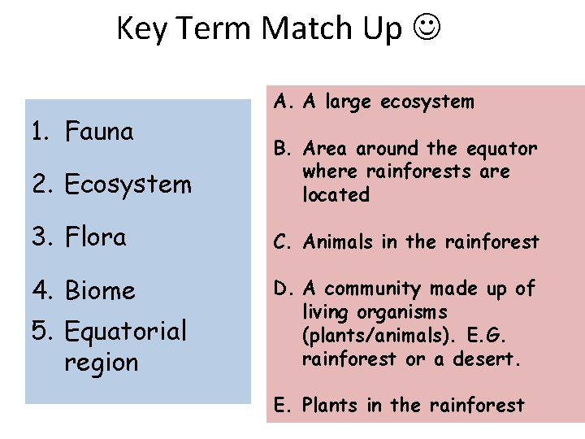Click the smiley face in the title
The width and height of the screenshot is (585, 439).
click(x=427, y=28)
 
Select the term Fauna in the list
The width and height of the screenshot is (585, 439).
click(x=99, y=131)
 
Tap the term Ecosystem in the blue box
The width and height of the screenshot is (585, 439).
click(x=128, y=185)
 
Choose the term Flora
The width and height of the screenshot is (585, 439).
click(x=95, y=237)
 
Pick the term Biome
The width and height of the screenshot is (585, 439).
click(x=100, y=290)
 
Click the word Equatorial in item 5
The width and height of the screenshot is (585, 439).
click(x=125, y=331)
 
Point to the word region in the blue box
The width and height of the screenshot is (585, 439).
click(x=102, y=362)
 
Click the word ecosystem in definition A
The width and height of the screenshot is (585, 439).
click(x=427, y=102)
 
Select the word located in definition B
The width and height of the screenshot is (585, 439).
click(x=336, y=195)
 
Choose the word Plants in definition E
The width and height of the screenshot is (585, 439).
click(x=331, y=405)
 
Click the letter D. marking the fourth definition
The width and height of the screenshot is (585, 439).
click(x=284, y=289)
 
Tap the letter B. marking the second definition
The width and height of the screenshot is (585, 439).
click(x=284, y=149)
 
